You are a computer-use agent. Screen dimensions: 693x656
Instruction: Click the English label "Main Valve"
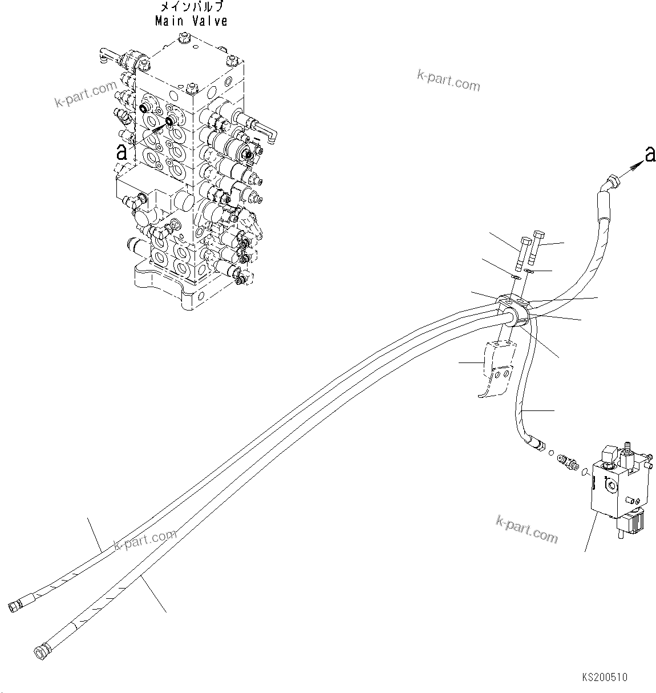[191, 22]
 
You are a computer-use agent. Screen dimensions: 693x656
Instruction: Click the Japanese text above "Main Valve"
[191, 7]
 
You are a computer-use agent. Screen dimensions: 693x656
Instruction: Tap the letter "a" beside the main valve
[120, 151]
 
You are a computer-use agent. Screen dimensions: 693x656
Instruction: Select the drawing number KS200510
[605, 678]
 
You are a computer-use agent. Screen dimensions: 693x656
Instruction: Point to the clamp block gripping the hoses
[513, 309]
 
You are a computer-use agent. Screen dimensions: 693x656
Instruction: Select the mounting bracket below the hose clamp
[495, 368]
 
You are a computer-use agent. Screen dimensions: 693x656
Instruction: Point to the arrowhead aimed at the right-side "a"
[633, 166]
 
